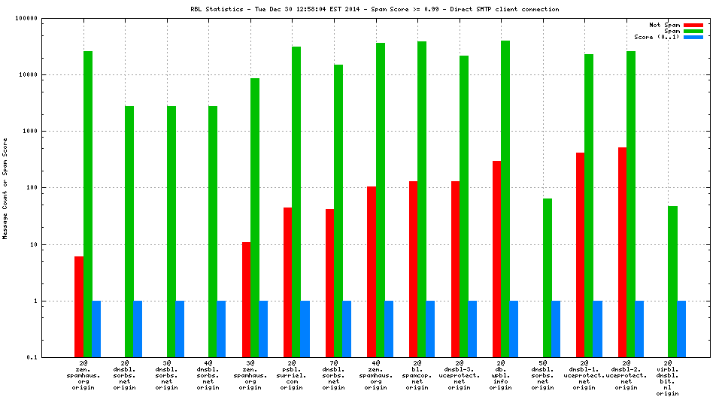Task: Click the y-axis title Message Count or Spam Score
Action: [x=5, y=188]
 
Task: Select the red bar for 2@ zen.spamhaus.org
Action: [x=79, y=306]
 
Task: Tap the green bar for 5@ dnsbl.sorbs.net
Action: [x=547, y=277]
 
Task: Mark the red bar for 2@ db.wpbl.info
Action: [x=496, y=259]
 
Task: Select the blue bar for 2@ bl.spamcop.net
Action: [x=430, y=329]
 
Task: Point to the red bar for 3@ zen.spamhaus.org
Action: [x=246, y=299]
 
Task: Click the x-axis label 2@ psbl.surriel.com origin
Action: [x=292, y=375]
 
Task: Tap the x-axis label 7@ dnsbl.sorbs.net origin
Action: [x=334, y=375]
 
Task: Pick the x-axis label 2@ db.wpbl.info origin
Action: [x=501, y=375]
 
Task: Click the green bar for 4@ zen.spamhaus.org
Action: [x=380, y=200]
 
